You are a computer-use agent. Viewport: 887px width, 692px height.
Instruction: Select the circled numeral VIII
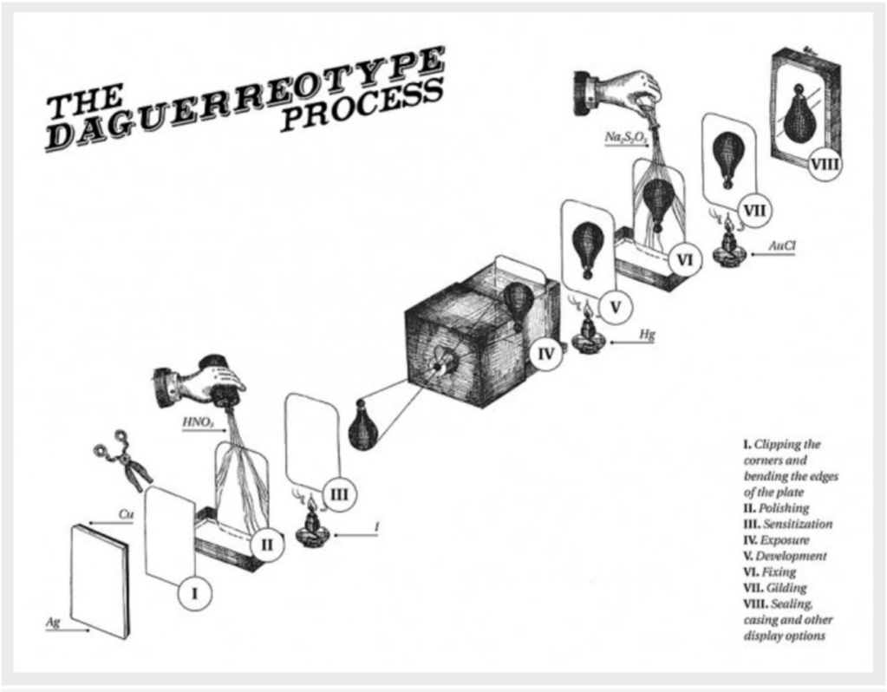click(825, 165)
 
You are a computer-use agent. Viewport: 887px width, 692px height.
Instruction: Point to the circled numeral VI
click(685, 258)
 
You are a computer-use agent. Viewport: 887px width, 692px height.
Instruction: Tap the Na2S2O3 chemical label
click(626, 136)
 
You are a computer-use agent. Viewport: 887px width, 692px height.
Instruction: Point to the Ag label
click(54, 623)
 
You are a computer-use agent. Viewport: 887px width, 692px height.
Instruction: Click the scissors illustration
click(124, 460)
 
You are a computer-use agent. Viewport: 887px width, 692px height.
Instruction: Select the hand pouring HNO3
click(201, 382)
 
